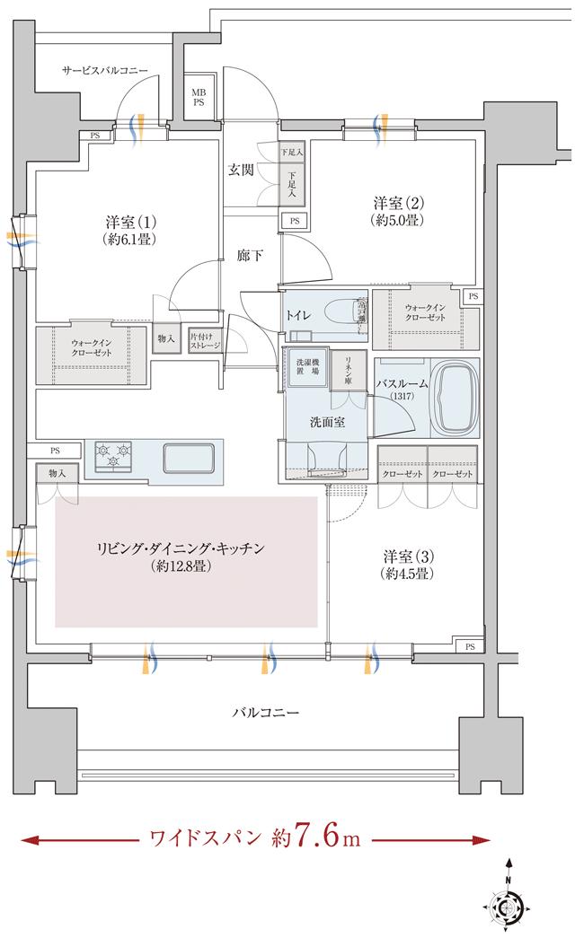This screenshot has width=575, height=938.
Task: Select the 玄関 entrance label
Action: (240, 169)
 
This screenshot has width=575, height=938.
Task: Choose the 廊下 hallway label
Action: (251, 256)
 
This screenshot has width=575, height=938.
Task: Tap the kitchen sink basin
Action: (189, 458)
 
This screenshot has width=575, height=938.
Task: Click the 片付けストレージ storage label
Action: (205, 340)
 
